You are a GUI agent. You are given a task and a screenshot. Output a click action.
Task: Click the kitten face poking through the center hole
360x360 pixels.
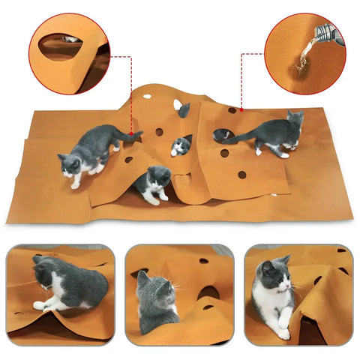[180, 145]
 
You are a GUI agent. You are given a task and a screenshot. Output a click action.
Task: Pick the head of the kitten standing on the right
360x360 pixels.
[294, 120]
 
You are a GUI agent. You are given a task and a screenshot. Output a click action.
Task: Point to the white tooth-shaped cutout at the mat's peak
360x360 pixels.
[178, 105]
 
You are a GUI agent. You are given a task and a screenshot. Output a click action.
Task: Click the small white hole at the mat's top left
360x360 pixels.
[146, 97]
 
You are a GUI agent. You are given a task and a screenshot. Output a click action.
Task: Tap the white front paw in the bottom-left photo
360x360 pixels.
[39, 305]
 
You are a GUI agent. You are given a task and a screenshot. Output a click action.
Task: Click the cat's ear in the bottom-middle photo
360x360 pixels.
[141, 277]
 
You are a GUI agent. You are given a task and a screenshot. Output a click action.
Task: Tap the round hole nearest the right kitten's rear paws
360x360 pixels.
[242, 175]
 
